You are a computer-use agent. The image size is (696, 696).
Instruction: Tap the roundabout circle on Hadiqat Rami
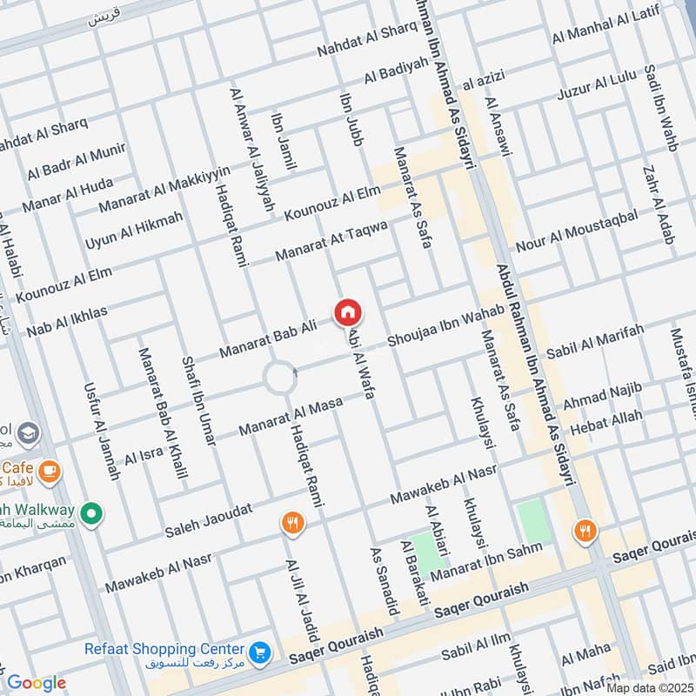[x=279, y=378]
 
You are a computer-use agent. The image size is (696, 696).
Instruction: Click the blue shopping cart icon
[x=258, y=652]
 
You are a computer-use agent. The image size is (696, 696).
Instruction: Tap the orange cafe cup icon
[x=50, y=471]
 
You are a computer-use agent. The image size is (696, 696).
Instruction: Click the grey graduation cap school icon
[x=29, y=432]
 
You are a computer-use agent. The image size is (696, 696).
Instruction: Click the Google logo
[x=36, y=683]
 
